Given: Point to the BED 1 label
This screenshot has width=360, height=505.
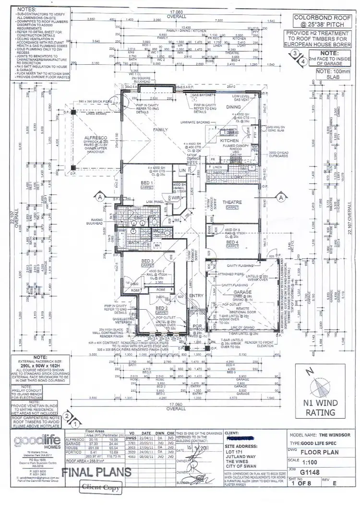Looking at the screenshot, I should tap(133, 183).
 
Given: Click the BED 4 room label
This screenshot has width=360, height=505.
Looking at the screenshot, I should tap(233, 243).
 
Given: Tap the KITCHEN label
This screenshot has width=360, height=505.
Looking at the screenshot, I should tap(229, 141).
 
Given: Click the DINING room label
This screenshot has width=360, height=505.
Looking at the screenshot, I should tap(234, 108).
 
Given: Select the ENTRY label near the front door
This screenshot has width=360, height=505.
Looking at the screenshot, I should tap(196, 296).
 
